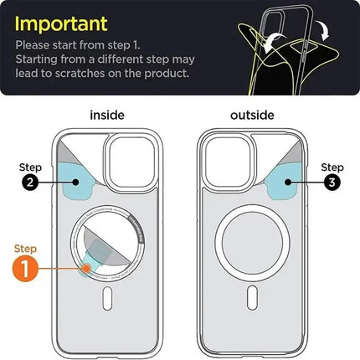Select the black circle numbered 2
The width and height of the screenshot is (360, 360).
(x=28, y=183)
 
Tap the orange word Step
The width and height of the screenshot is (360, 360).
(x=26, y=248)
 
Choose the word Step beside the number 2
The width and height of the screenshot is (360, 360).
(x=28, y=167)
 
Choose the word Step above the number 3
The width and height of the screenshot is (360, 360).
(x=332, y=167)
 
